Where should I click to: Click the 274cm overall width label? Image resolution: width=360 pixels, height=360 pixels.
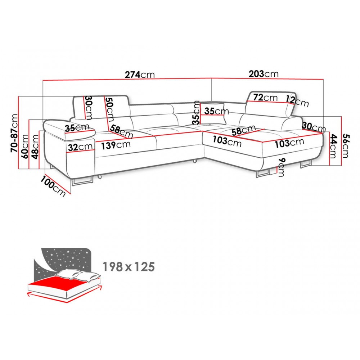pos(140,75)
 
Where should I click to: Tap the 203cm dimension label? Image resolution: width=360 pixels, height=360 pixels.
pos(264,74)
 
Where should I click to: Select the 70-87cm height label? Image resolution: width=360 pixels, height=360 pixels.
pos(15,133)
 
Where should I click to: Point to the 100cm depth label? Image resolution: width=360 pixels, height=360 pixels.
pos(53,186)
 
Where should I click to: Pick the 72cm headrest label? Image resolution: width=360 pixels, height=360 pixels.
pos(265,97)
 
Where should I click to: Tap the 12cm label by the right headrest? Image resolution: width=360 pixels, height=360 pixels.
pos(297,101)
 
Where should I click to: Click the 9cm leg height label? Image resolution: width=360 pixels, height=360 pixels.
pos(281,167)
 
